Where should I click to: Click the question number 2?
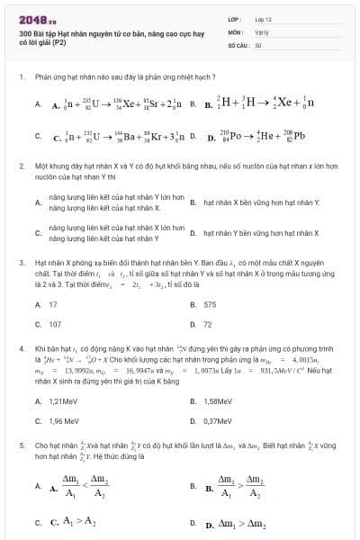(20, 167)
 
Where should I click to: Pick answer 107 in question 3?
(55, 323)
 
